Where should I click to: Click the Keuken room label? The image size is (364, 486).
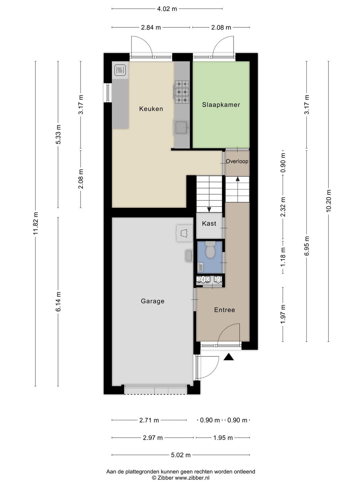[151, 109]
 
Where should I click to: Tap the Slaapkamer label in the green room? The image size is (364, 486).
[221, 105]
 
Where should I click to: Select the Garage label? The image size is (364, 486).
[152, 301]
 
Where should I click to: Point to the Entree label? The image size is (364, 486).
[224, 310]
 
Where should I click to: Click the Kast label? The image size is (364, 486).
[209, 223]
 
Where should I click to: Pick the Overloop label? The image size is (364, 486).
[237, 161]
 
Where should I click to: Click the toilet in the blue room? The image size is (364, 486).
[210, 249]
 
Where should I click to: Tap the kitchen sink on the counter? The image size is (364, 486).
[182, 128]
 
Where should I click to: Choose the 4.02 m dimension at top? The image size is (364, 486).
[167, 9]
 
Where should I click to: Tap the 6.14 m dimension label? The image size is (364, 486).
[58, 301]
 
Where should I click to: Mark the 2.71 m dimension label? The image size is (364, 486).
[149, 420]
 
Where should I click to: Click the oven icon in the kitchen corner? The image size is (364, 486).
[120, 70]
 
